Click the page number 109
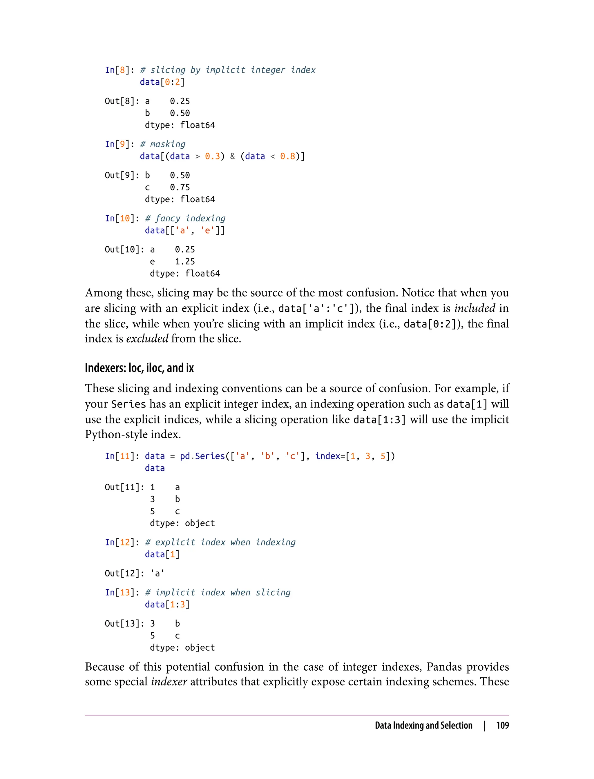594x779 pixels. tap(502, 725)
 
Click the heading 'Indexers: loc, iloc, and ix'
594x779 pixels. tap(139, 368)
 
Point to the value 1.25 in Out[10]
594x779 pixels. tap(185, 261)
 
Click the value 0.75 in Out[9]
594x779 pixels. tap(180, 187)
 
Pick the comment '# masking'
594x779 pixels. tap(163, 144)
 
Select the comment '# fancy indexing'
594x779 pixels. tap(185, 218)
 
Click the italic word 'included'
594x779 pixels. tap(475, 308)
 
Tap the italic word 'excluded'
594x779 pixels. tap(147, 338)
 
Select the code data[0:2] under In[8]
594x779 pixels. tap(162, 82)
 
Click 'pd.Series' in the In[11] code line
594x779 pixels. tap(202, 456)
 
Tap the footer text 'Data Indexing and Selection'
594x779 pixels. tap(423, 725)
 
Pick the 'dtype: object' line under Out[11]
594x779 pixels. tap(182, 523)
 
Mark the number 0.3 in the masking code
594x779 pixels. tap(213, 156)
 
